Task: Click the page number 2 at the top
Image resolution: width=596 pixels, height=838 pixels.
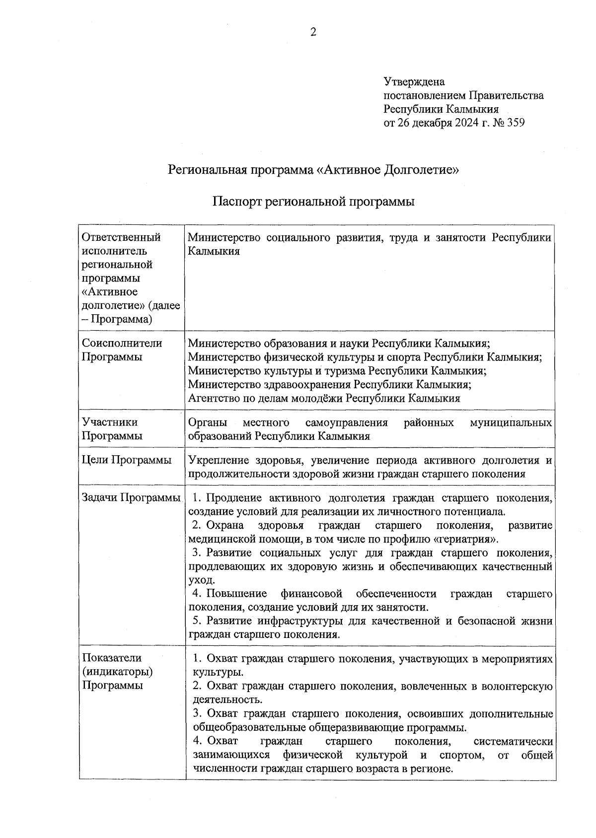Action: pos(313,33)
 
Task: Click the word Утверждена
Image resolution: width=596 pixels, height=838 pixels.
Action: pos(414,81)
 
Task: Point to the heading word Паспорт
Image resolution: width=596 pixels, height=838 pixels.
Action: pos(237,202)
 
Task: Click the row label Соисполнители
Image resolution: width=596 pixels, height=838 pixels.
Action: pos(122,343)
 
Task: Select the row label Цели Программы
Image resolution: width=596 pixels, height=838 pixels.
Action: pos(127,460)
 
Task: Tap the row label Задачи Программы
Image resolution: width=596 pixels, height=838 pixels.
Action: pos(131,497)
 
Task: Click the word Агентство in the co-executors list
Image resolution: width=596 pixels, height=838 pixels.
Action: pos(212,398)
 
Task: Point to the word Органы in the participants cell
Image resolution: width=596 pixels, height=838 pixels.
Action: pos(208,422)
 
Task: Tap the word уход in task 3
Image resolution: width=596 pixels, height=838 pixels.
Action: pos(200,580)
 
